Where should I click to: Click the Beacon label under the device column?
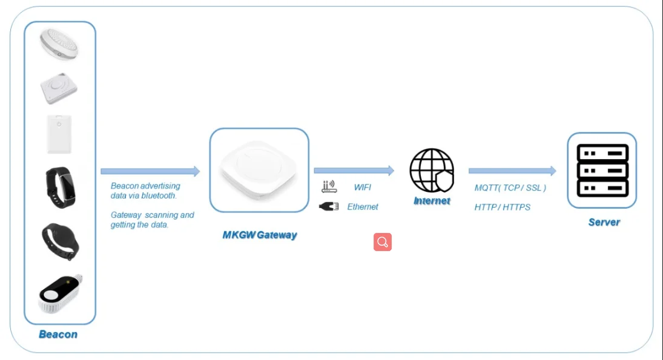pyautogui.click(x=58, y=334)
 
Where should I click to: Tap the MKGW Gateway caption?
pyautogui.click(x=260, y=235)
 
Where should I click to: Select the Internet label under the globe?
pyautogui.click(x=432, y=200)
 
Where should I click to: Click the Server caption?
pyautogui.click(x=604, y=222)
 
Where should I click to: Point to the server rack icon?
pyautogui.click(x=602, y=170)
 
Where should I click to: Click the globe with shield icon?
pyautogui.click(x=432, y=170)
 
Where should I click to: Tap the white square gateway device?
pyautogui.click(x=259, y=170)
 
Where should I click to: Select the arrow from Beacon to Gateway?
pyautogui.click(x=150, y=171)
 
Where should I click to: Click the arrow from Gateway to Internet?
pyautogui.click(x=354, y=171)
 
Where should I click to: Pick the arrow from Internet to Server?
pyautogui.click(x=512, y=171)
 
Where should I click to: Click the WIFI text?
pyautogui.click(x=362, y=188)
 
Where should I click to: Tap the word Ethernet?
pyautogui.click(x=363, y=207)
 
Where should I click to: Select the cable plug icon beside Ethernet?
pyautogui.click(x=329, y=207)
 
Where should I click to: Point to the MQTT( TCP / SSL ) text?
pyautogui.click(x=510, y=188)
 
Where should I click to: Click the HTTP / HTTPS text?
pyautogui.click(x=503, y=208)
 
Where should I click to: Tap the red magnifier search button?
pyautogui.click(x=383, y=242)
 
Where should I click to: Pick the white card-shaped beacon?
pyautogui.click(x=59, y=134)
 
